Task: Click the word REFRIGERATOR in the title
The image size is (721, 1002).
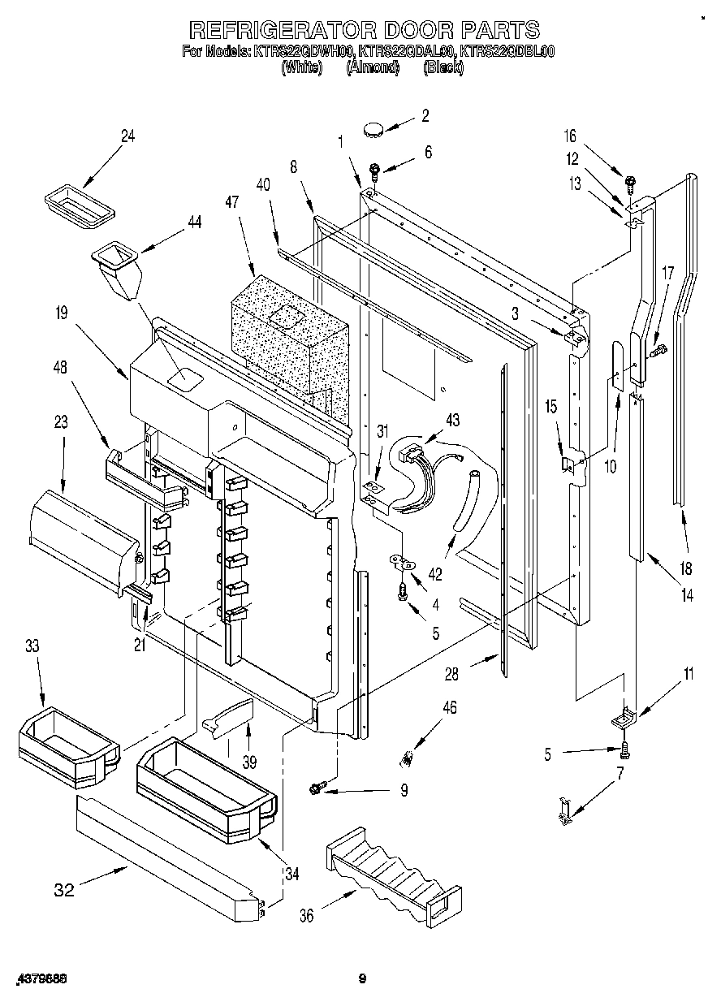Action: (281, 31)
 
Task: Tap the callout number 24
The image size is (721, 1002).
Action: (127, 136)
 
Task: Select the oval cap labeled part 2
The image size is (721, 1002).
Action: (374, 127)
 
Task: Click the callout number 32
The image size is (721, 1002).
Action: (64, 890)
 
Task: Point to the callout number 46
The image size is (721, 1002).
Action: (448, 707)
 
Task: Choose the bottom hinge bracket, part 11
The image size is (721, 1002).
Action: (623, 719)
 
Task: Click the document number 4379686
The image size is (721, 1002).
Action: (40, 979)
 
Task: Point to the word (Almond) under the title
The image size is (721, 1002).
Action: (373, 68)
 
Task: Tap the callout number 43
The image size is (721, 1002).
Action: (451, 419)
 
